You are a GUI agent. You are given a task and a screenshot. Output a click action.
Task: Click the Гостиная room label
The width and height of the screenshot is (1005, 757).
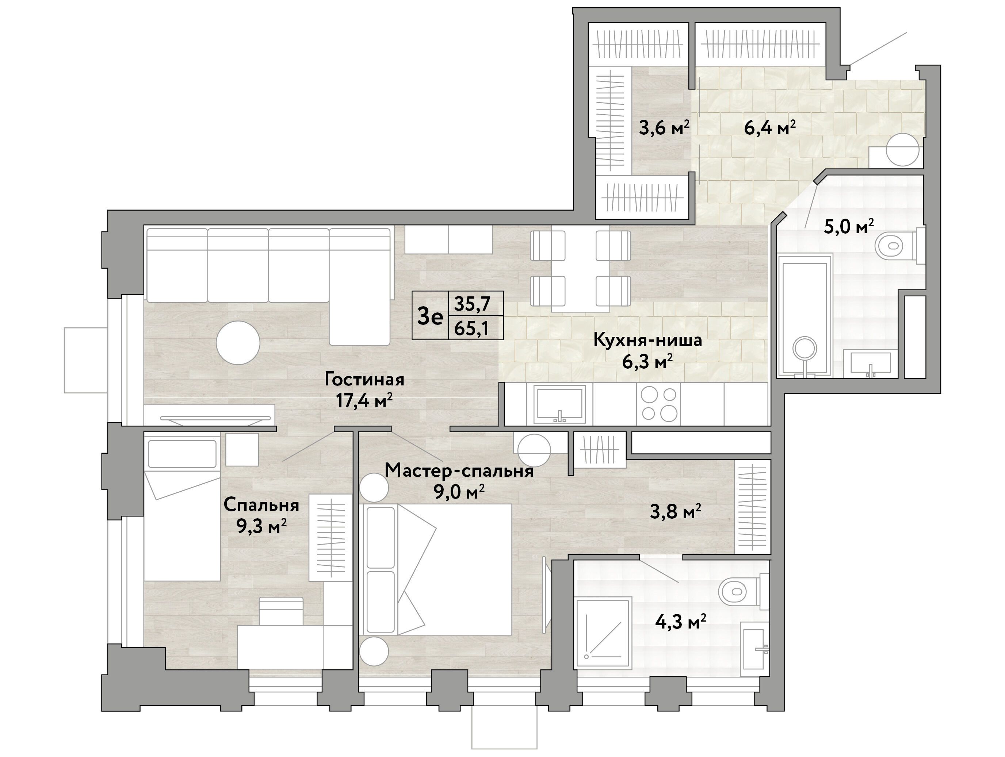[364, 380]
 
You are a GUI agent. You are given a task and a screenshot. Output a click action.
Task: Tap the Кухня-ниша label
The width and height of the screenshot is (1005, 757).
[647, 340]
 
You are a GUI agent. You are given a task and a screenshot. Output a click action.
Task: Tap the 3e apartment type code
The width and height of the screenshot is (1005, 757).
[430, 316]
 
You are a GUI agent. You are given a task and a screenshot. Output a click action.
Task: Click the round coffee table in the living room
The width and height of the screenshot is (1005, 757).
[238, 343]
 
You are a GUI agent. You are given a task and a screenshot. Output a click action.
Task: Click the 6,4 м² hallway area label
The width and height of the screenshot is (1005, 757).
[770, 128]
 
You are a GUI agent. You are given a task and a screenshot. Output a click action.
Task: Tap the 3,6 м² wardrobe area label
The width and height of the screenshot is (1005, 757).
[664, 128]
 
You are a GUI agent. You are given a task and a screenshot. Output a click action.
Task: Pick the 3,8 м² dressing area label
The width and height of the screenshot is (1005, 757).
[676, 512]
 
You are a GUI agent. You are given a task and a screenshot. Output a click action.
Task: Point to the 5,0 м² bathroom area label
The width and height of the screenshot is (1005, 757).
[849, 226]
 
